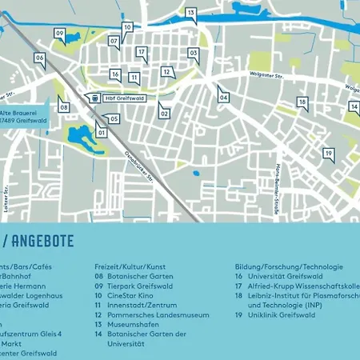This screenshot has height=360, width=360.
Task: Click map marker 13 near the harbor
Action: (191, 13)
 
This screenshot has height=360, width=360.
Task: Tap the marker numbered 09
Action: (60, 34)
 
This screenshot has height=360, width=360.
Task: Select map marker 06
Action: (39, 58)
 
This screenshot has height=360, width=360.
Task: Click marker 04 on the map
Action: (223, 98)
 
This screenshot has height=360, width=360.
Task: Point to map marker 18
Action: (302, 102)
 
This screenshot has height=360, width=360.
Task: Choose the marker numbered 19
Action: (328, 153)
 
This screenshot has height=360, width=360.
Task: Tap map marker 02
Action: (165, 114)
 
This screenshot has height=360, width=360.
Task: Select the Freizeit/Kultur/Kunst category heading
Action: (130, 266)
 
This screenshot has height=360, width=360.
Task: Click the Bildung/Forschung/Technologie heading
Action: (289, 266)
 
